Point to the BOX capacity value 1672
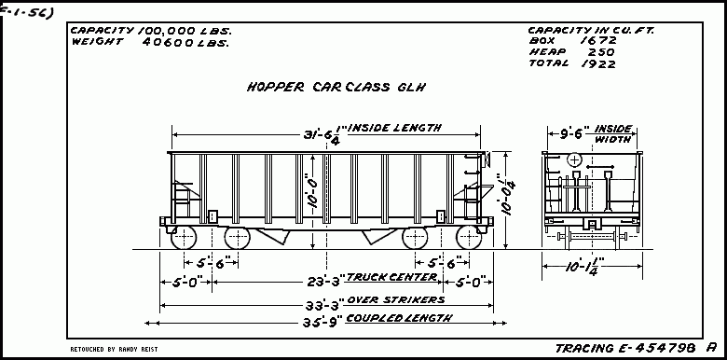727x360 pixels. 597,41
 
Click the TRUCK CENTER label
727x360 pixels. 391,277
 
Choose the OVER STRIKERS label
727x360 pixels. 395,299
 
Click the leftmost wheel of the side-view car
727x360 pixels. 184,237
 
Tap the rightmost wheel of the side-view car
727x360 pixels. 464,237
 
